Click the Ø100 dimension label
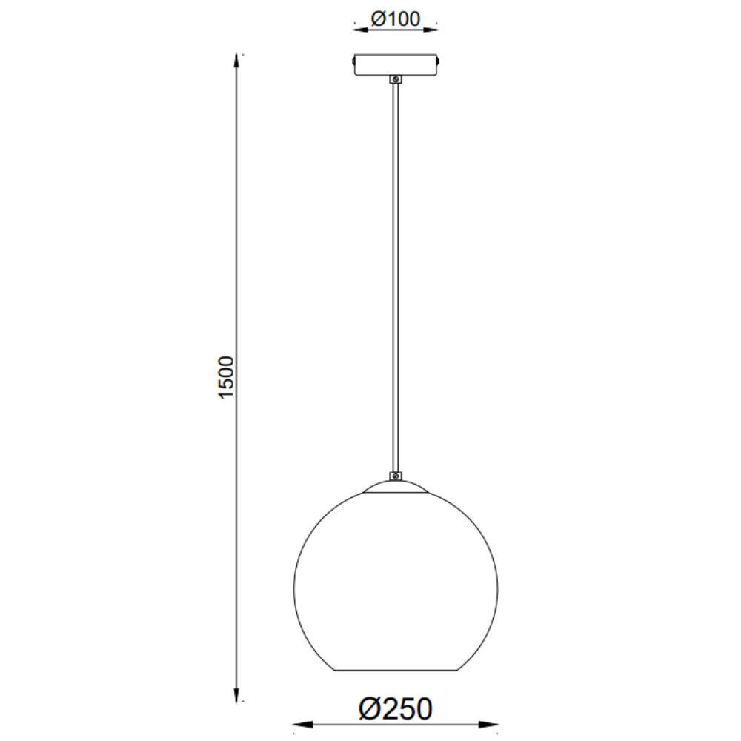point(396,19)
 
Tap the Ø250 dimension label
point(396,709)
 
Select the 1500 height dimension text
point(226,378)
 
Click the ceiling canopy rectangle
point(396,64)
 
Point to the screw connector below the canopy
point(396,79)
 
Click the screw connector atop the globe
point(396,476)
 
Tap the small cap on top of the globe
point(396,487)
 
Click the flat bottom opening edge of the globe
point(396,670)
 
